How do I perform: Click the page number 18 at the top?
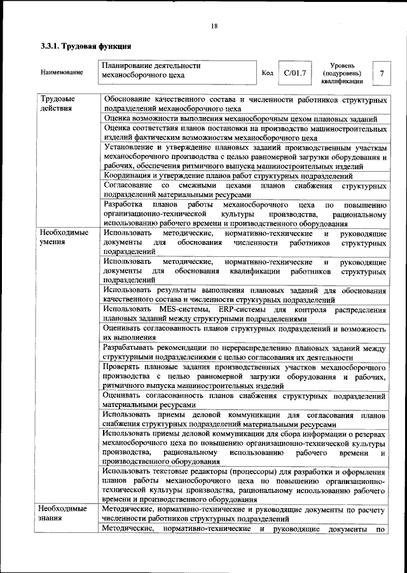[x=214, y=25]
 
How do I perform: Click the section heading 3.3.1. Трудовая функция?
[x=86, y=46]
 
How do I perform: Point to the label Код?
[x=268, y=73]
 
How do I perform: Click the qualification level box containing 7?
[x=382, y=73]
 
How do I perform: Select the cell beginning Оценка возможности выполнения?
[x=241, y=119]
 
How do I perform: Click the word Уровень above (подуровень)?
[x=346, y=66]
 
